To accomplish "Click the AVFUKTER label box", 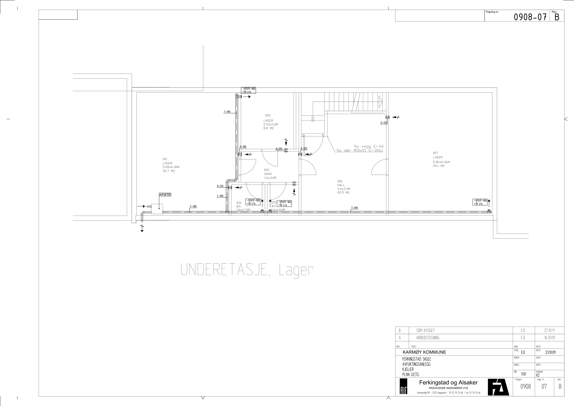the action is [x=165, y=194].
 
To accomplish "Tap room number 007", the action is [x=436, y=153].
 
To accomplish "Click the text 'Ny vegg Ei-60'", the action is [x=368, y=146].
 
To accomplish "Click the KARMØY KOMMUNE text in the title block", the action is [x=424, y=352].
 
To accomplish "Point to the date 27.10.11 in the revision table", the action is [x=549, y=331].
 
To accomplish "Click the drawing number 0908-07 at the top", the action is [x=530, y=17].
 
